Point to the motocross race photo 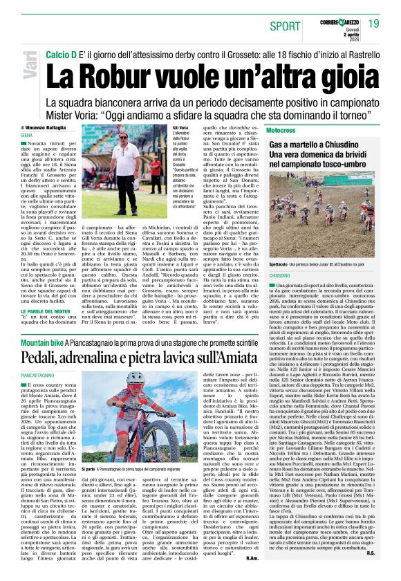322,207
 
